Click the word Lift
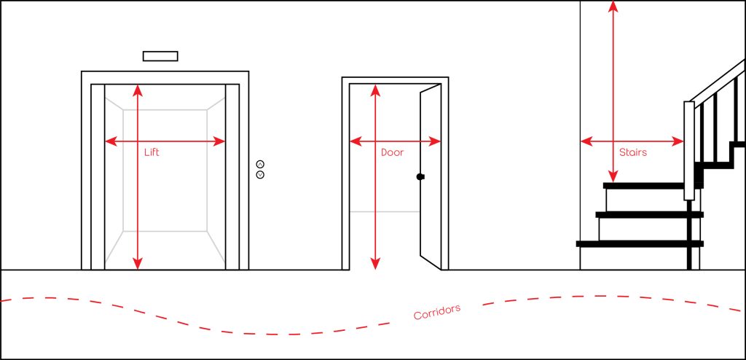(152, 153)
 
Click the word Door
(392, 153)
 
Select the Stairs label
(632, 153)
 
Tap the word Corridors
(436, 313)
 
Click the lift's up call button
(260, 164)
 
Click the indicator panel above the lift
(160, 55)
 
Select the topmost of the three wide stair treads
(645, 186)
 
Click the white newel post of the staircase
(688, 149)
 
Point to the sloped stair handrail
(718, 80)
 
